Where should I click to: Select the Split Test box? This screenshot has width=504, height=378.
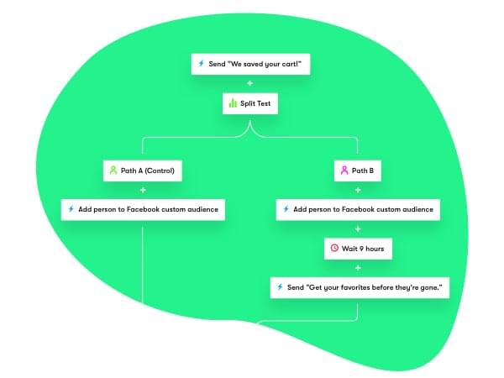249,104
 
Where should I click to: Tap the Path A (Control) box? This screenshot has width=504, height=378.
143,171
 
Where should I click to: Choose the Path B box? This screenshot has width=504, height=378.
359,171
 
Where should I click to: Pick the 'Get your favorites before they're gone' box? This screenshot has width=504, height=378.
359,287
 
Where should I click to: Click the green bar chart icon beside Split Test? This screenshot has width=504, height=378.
233,104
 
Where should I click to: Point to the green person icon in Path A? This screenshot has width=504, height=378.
112,171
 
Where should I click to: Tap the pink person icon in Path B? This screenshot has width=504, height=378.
344,171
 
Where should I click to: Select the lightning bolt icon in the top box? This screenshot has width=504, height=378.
201,63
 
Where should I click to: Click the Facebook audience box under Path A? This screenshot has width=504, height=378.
143,209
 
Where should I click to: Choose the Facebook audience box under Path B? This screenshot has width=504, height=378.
359,209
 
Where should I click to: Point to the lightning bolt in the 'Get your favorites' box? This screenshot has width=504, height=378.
281,287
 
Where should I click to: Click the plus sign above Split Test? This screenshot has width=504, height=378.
249,84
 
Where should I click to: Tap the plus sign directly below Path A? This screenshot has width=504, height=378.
143,190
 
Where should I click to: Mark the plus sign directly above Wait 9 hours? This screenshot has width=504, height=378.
359,228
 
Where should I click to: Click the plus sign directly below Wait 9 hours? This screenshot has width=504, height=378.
359,268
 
